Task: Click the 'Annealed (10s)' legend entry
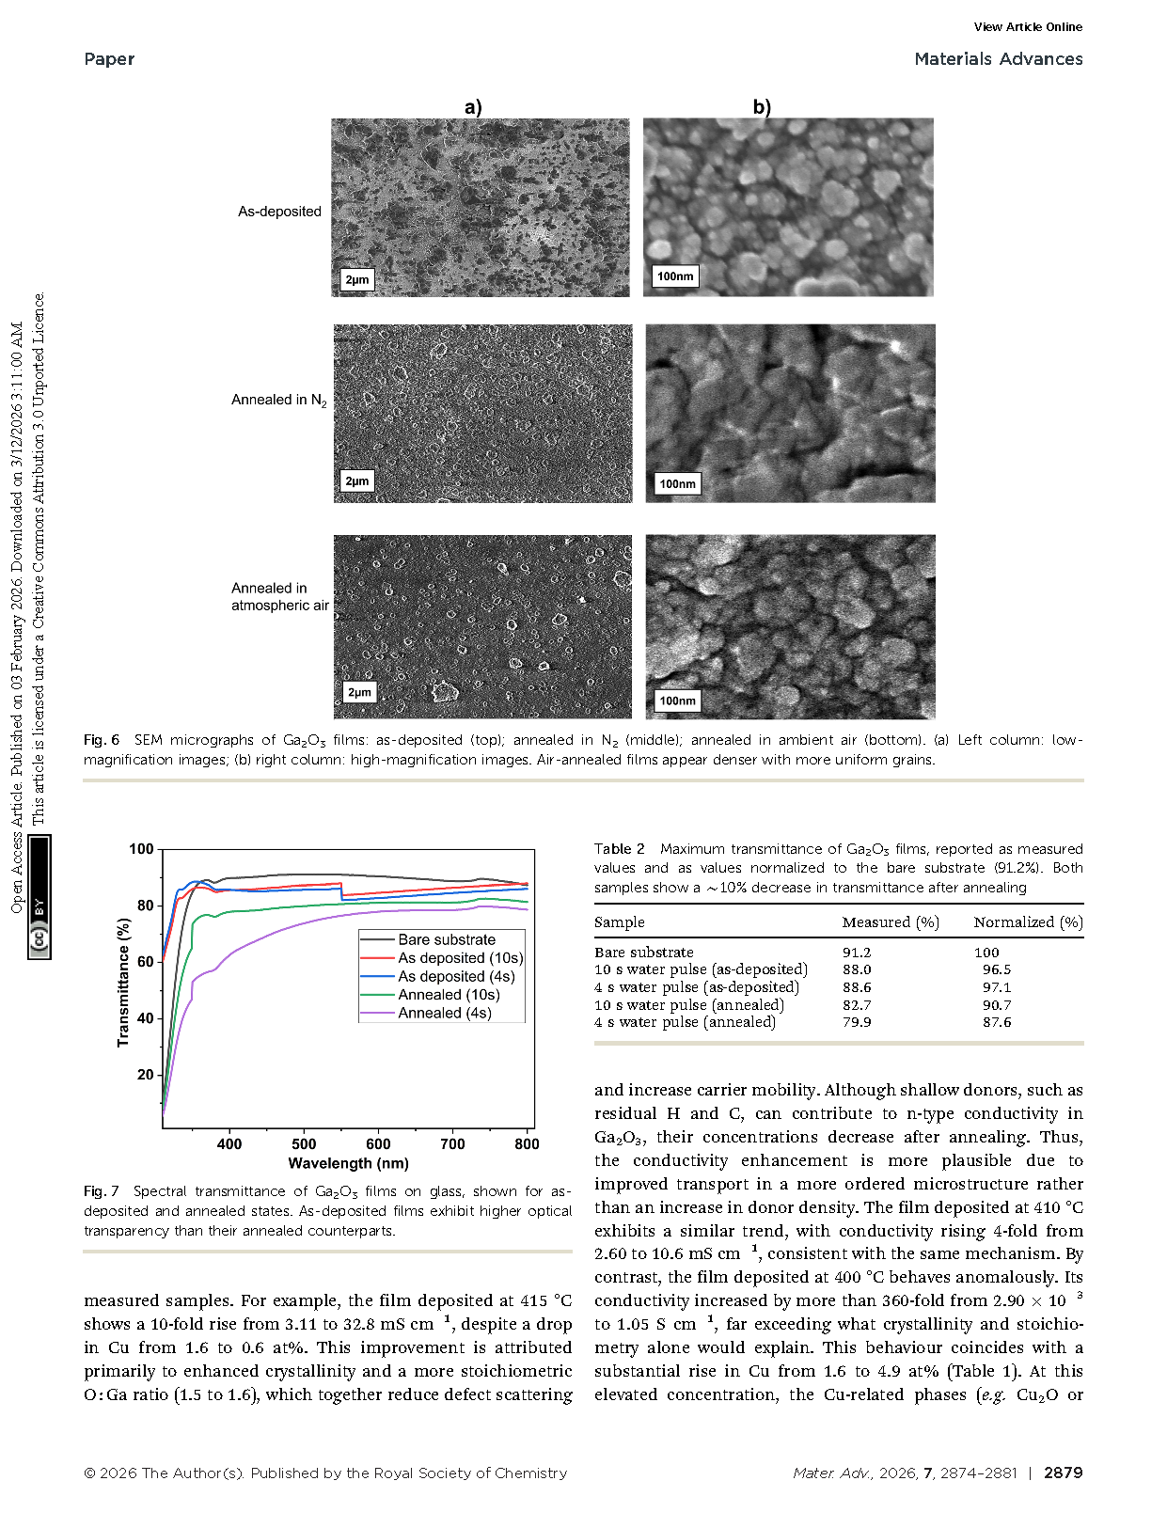[x=449, y=995]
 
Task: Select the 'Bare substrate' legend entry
[x=446, y=939]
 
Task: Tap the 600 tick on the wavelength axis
[x=378, y=1144]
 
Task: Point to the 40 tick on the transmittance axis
[x=145, y=1018]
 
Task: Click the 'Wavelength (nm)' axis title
[x=348, y=1163]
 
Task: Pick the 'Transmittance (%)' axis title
[x=123, y=983]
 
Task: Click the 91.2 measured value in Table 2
[x=857, y=953]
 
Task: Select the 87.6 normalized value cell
[x=997, y=1022]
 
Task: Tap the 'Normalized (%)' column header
[x=1028, y=922]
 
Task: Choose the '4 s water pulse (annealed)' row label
[x=685, y=1022]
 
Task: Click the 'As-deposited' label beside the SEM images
[x=279, y=212]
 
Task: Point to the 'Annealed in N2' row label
[x=279, y=401]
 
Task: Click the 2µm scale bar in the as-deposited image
[x=357, y=280]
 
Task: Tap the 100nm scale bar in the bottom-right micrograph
[x=677, y=701]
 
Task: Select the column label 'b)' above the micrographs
[x=762, y=107]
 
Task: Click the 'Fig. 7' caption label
[x=102, y=1191]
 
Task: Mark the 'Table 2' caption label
[x=619, y=849]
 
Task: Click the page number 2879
[x=1063, y=1473]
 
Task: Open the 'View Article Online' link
[x=1028, y=27]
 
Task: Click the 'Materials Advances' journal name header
[x=998, y=59]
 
